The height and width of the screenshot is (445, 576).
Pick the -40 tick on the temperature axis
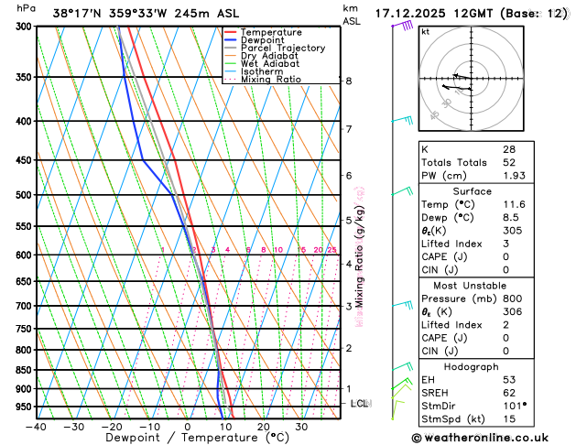(x=36, y=426)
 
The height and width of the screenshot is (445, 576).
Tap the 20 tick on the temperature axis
(x=263, y=426)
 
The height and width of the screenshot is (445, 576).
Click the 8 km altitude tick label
(x=349, y=81)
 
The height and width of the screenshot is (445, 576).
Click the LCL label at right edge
(x=360, y=403)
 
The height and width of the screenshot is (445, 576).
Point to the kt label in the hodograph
(x=426, y=32)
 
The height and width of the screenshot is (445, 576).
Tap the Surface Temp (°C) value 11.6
(x=512, y=204)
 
